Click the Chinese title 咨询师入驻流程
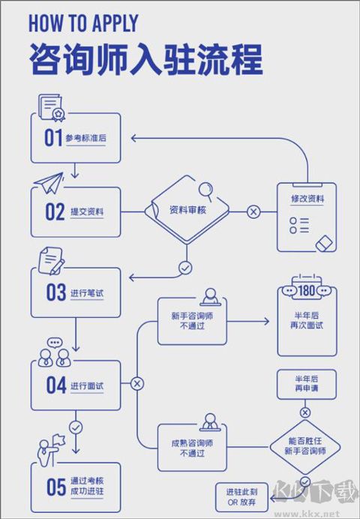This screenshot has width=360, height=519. (145, 58)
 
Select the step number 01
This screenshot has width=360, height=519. (52, 138)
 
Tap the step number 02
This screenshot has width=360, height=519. (54, 212)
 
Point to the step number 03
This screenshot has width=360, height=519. (55, 292)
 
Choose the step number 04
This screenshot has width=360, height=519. (55, 386)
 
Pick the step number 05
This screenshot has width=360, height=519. (55, 487)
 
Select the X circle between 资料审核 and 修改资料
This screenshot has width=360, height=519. (253, 212)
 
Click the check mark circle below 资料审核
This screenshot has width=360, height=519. (185, 266)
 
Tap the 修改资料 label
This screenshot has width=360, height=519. (307, 199)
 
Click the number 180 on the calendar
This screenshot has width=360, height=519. (307, 289)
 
